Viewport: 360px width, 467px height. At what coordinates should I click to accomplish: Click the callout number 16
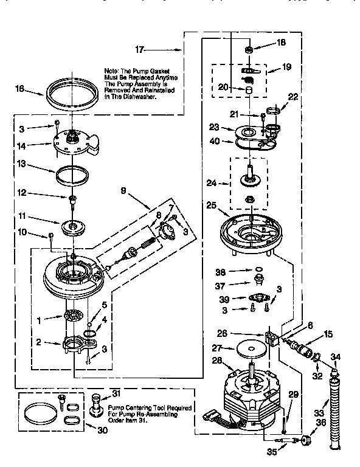[x=19, y=89]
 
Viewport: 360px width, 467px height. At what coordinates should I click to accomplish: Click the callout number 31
[x=116, y=392]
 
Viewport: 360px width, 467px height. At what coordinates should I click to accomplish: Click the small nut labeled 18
[x=249, y=49]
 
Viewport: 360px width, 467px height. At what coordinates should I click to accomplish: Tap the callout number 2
[x=38, y=342]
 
